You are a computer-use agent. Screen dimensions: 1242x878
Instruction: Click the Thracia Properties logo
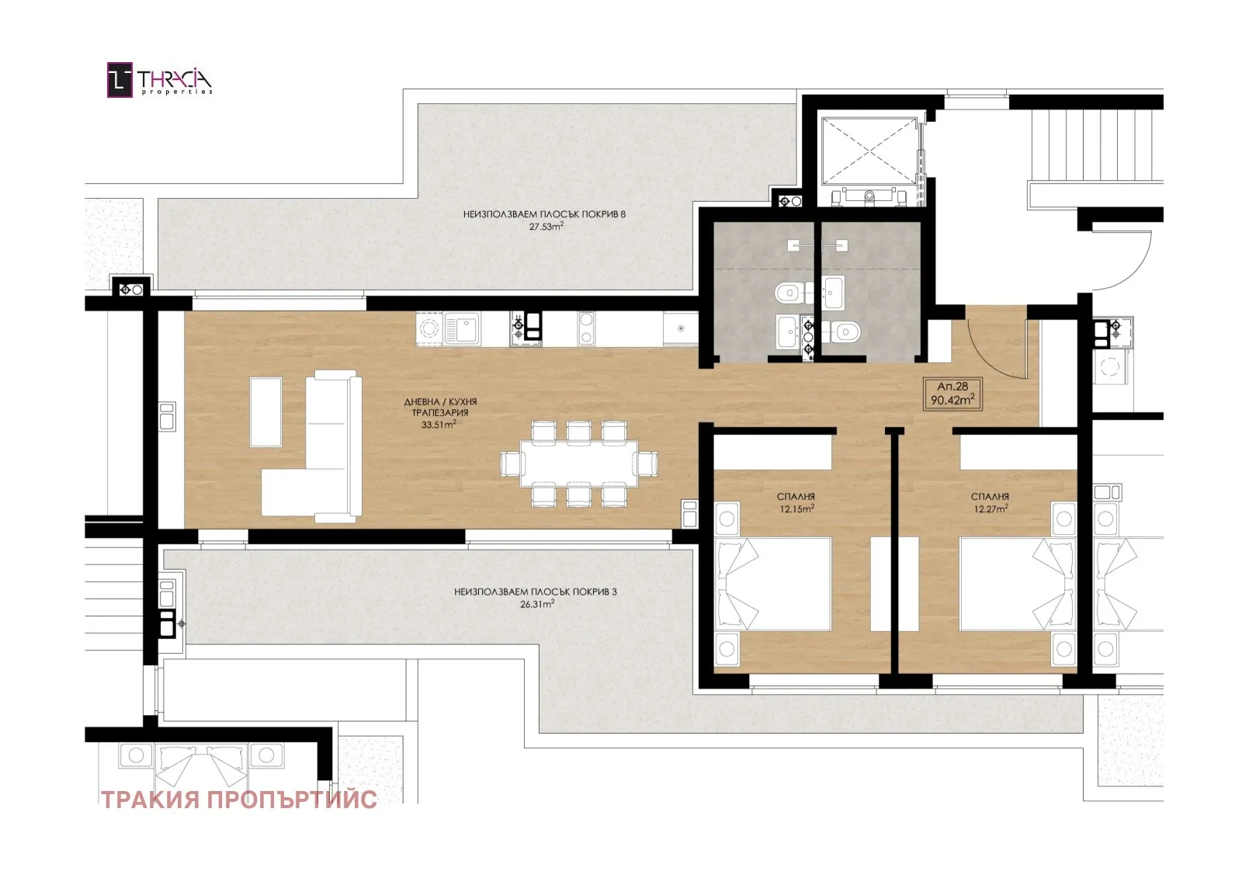click(159, 80)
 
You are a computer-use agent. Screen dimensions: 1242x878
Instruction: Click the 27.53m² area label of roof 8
click(546, 227)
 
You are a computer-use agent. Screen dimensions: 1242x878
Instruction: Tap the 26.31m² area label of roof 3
click(536, 604)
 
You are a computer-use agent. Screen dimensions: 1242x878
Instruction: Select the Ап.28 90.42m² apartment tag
click(952, 394)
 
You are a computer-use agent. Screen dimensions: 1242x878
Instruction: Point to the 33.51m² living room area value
click(439, 425)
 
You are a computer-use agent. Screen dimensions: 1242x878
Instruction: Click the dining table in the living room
click(579, 463)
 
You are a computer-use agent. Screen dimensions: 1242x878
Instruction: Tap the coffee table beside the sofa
click(265, 411)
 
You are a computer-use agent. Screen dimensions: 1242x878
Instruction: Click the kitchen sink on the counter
click(461, 329)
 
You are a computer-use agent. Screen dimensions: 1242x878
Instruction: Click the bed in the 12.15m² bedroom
click(772, 584)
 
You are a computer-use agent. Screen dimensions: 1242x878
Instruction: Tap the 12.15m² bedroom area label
click(796, 508)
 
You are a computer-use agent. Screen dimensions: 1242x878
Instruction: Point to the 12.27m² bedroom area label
click(990, 508)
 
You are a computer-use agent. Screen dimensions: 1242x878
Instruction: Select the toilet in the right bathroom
click(841, 331)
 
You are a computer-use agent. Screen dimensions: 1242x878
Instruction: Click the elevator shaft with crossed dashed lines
click(869, 151)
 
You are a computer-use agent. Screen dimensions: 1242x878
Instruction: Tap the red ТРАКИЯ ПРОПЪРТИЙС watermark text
click(239, 800)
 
